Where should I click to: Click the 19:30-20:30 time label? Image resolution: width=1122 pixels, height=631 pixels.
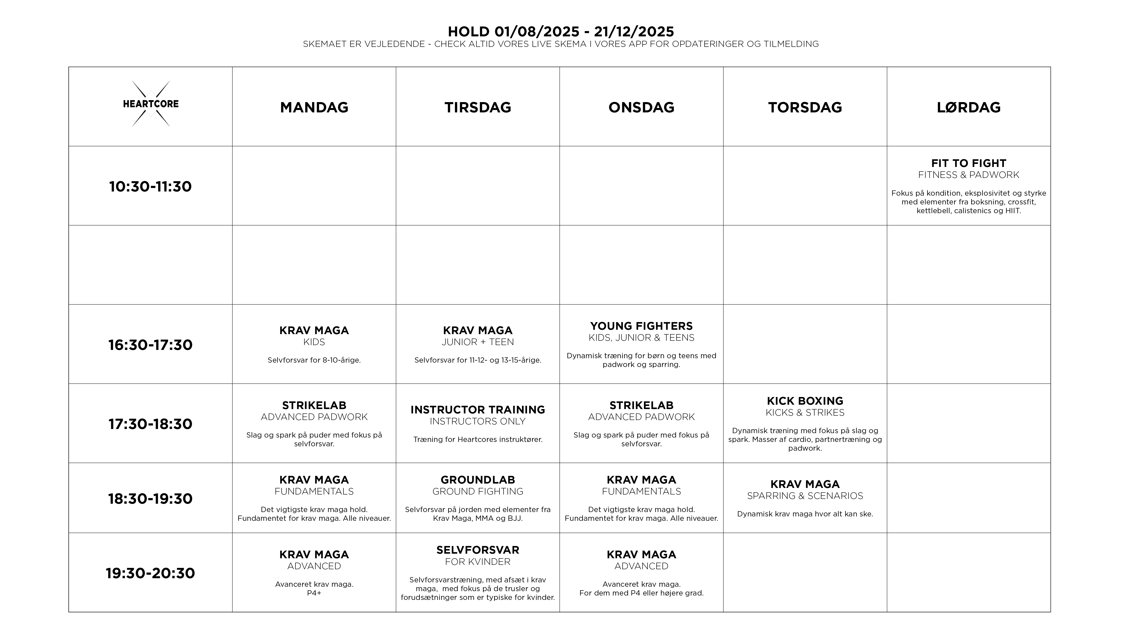[x=150, y=573]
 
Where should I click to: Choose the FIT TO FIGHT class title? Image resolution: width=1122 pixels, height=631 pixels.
[x=969, y=163]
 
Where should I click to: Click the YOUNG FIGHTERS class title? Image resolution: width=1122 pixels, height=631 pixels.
[x=641, y=326]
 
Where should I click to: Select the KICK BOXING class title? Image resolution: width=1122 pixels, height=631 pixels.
[x=805, y=401]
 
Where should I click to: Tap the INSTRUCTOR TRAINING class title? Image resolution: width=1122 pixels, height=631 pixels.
[x=478, y=410]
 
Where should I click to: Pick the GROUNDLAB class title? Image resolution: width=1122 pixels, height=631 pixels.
[x=478, y=480]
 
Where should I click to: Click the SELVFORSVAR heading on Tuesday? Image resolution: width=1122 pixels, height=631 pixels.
[x=478, y=550]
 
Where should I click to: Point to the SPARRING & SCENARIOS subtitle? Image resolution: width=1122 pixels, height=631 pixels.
[x=805, y=496]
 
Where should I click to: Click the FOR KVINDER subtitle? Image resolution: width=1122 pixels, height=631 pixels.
[x=478, y=562]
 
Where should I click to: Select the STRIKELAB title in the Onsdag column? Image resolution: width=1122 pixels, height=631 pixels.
[x=641, y=405]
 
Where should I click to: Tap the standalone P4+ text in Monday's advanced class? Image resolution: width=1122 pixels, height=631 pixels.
[x=314, y=593]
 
